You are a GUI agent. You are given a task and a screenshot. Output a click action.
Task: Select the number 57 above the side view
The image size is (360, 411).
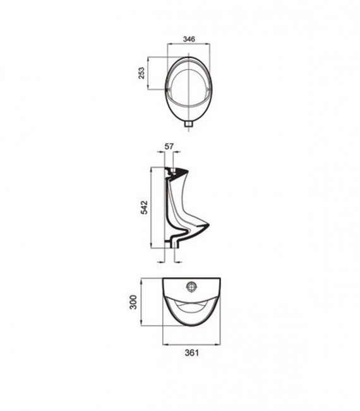tap(169, 147)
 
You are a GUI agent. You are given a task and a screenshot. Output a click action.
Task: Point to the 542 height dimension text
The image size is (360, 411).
tap(143, 209)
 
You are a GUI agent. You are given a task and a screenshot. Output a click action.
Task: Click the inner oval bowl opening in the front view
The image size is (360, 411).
tap(188, 85)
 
